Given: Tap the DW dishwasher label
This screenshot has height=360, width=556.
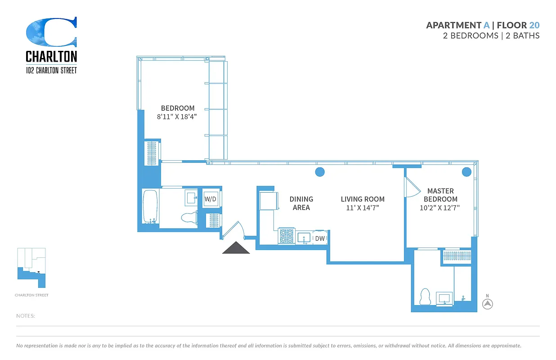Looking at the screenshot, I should (x=319, y=238).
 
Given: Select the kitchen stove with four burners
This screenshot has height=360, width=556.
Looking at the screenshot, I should (x=287, y=236).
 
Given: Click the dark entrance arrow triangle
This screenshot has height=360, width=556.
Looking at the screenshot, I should (x=236, y=248).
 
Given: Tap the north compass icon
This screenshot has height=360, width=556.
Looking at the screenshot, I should (x=487, y=304).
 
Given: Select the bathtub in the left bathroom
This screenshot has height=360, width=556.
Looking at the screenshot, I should (x=150, y=207).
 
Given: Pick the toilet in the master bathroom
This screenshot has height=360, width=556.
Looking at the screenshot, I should (x=425, y=297).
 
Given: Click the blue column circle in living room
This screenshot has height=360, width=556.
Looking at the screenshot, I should (x=319, y=171).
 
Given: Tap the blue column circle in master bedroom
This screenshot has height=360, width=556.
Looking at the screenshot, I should (x=466, y=171).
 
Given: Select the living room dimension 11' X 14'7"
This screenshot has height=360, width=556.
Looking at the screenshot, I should (x=363, y=208).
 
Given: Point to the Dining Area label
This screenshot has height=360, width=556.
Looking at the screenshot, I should (x=301, y=203).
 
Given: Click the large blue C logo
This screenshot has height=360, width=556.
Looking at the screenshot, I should (x=51, y=32).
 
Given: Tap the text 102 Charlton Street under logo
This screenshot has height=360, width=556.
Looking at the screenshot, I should (x=51, y=70).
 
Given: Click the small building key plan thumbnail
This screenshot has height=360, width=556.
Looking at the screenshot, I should (x=31, y=268).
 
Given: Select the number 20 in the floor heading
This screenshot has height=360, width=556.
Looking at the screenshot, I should (x=534, y=25).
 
